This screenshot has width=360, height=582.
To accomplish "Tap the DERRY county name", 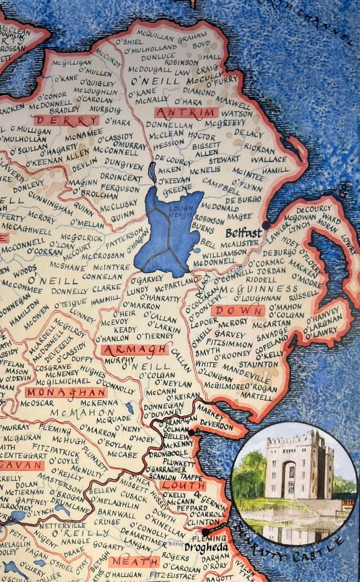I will click(65, 121).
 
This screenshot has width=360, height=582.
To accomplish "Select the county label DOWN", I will click(237, 311).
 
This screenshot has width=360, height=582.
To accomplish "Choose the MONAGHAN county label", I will click(66, 392).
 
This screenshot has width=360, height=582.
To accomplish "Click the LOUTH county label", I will click(183, 485).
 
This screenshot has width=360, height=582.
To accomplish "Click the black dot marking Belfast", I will click(266, 225).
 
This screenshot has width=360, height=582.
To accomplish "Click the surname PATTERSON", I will click(118, 240).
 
